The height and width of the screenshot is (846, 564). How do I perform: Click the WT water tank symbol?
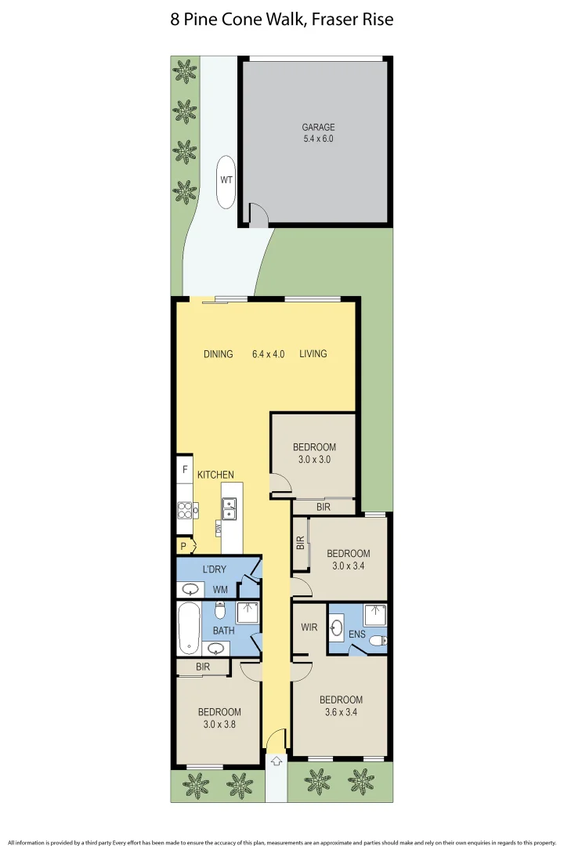pyautogui.click(x=226, y=179)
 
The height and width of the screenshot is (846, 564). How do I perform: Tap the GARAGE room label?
pyautogui.click(x=318, y=127)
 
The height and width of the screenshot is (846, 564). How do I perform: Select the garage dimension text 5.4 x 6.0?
pyautogui.click(x=318, y=139)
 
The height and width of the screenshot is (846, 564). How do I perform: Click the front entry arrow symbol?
pyautogui.click(x=276, y=759)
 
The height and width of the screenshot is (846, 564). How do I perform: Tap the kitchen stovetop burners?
pyautogui.click(x=186, y=511)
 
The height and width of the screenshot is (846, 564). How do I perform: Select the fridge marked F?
pyautogui.click(x=185, y=470)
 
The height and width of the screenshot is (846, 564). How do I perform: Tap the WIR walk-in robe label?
pyautogui.click(x=309, y=627)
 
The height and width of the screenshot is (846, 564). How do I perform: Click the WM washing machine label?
pyautogui.click(x=220, y=589)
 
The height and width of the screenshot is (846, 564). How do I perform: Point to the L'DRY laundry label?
pyautogui.click(x=215, y=569)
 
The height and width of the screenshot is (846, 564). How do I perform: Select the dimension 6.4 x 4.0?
pyautogui.click(x=268, y=354)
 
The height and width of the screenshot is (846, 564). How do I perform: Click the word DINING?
pyautogui.click(x=219, y=354)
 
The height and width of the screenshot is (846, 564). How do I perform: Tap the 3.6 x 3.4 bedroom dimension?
pyautogui.click(x=341, y=713)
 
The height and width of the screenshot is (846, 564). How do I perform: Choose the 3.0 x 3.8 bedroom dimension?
pyautogui.click(x=219, y=725)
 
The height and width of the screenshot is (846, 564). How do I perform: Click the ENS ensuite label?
pyautogui.click(x=357, y=634)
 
